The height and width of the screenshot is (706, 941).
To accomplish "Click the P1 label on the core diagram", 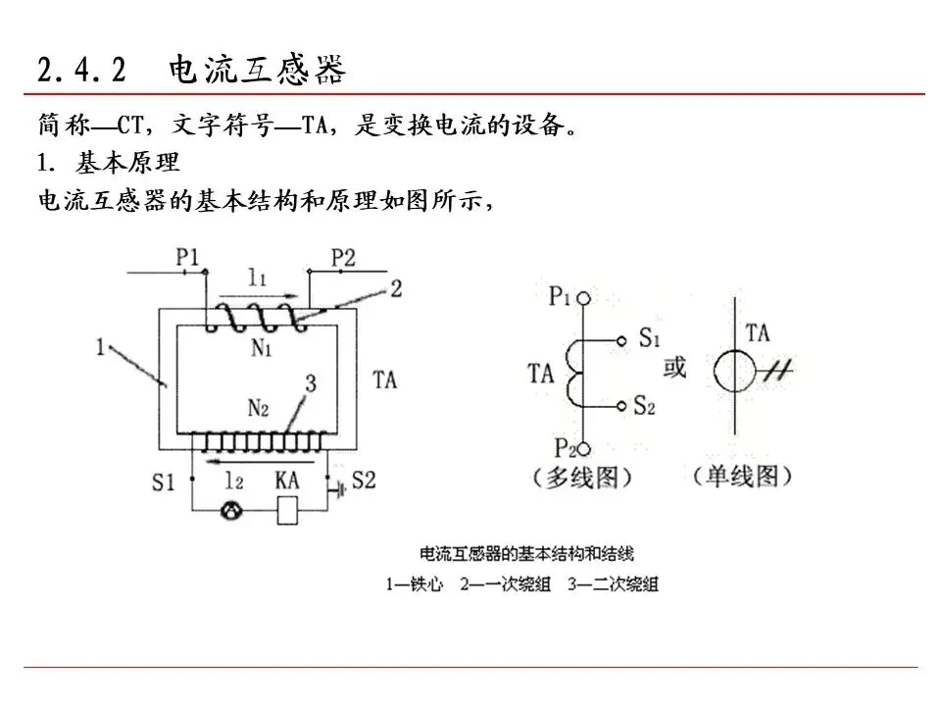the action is (187, 258).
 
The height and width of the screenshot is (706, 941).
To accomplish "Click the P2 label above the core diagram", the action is (343, 258).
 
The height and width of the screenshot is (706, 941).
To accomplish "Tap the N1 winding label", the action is (262, 347).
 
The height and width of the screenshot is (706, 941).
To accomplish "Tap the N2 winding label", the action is (258, 408).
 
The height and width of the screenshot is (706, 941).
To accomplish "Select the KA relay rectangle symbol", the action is (287, 510).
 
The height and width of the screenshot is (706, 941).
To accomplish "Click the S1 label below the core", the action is (164, 482).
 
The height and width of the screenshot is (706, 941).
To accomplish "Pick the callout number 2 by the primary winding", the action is (396, 288).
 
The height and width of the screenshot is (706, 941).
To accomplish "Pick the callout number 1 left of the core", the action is (101, 346).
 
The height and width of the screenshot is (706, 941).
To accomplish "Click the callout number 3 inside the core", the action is (311, 383).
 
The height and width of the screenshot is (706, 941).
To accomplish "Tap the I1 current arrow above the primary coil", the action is (259, 295).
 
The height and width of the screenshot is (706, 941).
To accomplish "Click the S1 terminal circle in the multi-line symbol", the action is (621, 341).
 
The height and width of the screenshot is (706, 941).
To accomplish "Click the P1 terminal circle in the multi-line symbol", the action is (583, 298).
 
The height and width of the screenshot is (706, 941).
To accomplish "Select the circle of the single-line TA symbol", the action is (735, 372).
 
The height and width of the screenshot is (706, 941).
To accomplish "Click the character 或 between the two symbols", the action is (674, 367).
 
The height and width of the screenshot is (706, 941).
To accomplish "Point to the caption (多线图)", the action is (582, 478).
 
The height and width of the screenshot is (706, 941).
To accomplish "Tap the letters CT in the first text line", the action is (130, 126).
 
